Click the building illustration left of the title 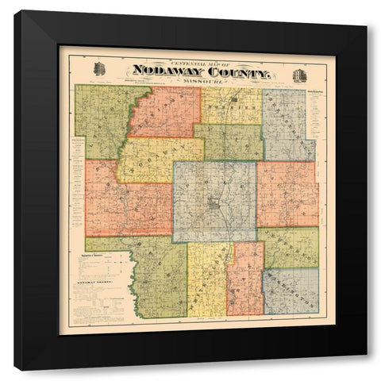point(99,68)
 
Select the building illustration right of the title point(298,70)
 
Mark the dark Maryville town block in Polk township point(214,208)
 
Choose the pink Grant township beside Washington point(244,278)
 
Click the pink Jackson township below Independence point(287,194)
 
